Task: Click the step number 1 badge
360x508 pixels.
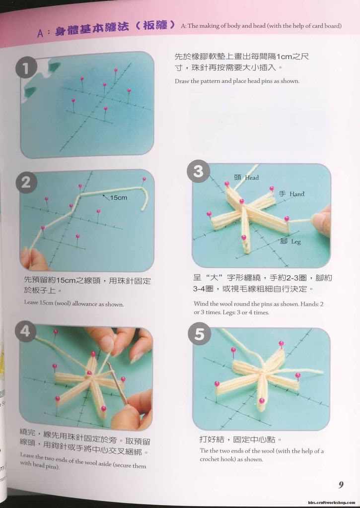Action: [26, 67]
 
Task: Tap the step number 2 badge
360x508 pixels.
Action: [26, 183]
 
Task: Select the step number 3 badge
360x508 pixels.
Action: [198, 171]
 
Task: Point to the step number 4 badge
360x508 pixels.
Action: [26, 331]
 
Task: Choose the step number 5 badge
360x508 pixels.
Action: [199, 334]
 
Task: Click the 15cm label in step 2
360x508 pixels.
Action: [118, 197]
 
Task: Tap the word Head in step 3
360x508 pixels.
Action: [252, 178]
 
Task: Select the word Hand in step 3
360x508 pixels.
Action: [297, 194]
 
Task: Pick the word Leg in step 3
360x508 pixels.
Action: [296, 242]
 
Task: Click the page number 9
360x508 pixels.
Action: [341, 485]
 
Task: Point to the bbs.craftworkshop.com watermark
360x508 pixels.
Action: [332, 503]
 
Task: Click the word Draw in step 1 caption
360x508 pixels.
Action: [181, 81]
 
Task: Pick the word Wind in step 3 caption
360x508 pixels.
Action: [201, 304]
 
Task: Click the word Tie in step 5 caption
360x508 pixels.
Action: [204, 450]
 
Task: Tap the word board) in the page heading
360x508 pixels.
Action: [333, 26]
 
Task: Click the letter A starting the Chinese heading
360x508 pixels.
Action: [40, 33]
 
